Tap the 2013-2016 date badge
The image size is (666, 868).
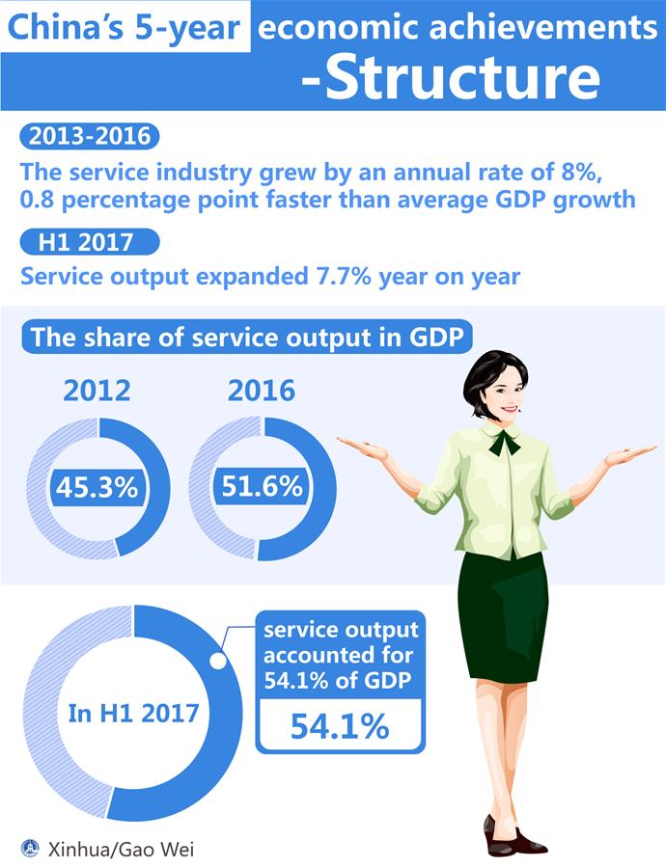(90, 136)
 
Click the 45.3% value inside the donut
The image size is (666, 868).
(97, 488)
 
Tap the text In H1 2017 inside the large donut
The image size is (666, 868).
(134, 714)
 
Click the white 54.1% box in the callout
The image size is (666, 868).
(340, 725)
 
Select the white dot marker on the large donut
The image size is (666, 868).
(218, 663)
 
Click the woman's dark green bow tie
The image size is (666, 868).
(504, 442)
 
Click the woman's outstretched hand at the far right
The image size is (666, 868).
(632, 452)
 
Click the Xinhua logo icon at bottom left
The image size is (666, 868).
(32, 848)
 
